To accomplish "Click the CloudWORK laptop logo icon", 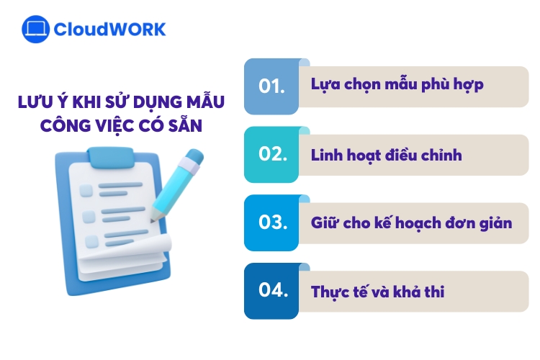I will pyautogui.click(x=35, y=29).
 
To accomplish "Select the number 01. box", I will pyautogui.click(x=271, y=86).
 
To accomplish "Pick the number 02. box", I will pyautogui.click(x=271, y=155).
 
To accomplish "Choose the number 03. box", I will pyautogui.click(x=271, y=222).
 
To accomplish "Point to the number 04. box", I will pyautogui.click(x=271, y=291).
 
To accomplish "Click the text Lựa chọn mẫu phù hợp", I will pyautogui.click(x=397, y=85).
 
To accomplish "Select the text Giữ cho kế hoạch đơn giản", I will pyautogui.click(x=411, y=222).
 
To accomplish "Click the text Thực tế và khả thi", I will pyautogui.click(x=377, y=292).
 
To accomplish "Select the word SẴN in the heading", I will pyautogui.click(x=186, y=126).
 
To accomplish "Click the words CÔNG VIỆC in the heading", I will pyautogui.click(x=87, y=126).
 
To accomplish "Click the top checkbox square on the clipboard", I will pyautogui.click(x=86, y=190).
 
